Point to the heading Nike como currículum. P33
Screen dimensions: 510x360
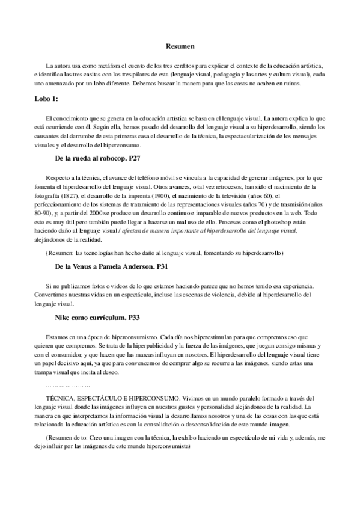[98, 316]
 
